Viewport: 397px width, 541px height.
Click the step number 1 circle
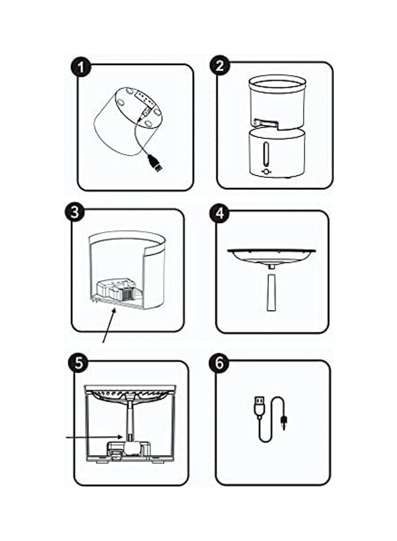tap(81, 67)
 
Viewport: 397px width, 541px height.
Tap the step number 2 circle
tap(220, 66)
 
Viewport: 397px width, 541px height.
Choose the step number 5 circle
tap(79, 363)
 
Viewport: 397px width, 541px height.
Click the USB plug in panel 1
tap(156, 164)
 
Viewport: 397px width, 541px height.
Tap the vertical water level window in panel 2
tap(265, 154)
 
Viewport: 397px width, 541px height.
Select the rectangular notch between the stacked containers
tap(266, 123)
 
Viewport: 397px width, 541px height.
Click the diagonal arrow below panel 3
tap(109, 326)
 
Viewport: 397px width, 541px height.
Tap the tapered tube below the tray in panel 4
tap(271, 293)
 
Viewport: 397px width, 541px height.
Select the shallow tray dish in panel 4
tap(272, 257)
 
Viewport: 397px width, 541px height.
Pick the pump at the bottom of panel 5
tap(128, 449)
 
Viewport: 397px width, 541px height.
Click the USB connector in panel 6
tap(259, 408)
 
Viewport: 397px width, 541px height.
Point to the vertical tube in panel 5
tap(130, 421)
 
